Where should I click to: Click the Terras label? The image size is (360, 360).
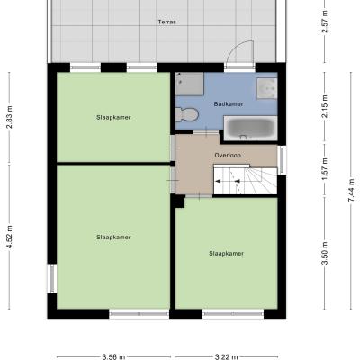(167, 22)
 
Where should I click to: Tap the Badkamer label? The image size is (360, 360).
(229, 104)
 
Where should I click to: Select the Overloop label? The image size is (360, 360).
(228, 156)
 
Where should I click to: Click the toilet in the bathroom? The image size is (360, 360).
(187, 114)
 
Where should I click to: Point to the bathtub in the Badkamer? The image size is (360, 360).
(250, 129)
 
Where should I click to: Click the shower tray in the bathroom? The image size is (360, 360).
(190, 84)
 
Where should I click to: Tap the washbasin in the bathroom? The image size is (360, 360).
(266, 88)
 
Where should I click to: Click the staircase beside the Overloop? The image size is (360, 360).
(245, 181)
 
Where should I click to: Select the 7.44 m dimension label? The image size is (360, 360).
(352, 190)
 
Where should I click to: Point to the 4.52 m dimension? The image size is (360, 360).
(10, 237)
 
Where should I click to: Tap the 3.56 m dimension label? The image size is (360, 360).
(113, 356)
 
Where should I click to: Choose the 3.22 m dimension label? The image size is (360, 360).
(226, 356)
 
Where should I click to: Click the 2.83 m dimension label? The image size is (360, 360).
(10, 117)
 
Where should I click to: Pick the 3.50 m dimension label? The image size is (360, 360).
(325, 254)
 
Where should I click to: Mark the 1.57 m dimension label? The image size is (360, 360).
(325, 169)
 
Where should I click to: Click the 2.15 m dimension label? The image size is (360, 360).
(325, 106)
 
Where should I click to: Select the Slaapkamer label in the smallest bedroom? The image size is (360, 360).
(113, 117)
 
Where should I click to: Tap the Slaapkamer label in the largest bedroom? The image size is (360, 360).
(113, 238)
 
